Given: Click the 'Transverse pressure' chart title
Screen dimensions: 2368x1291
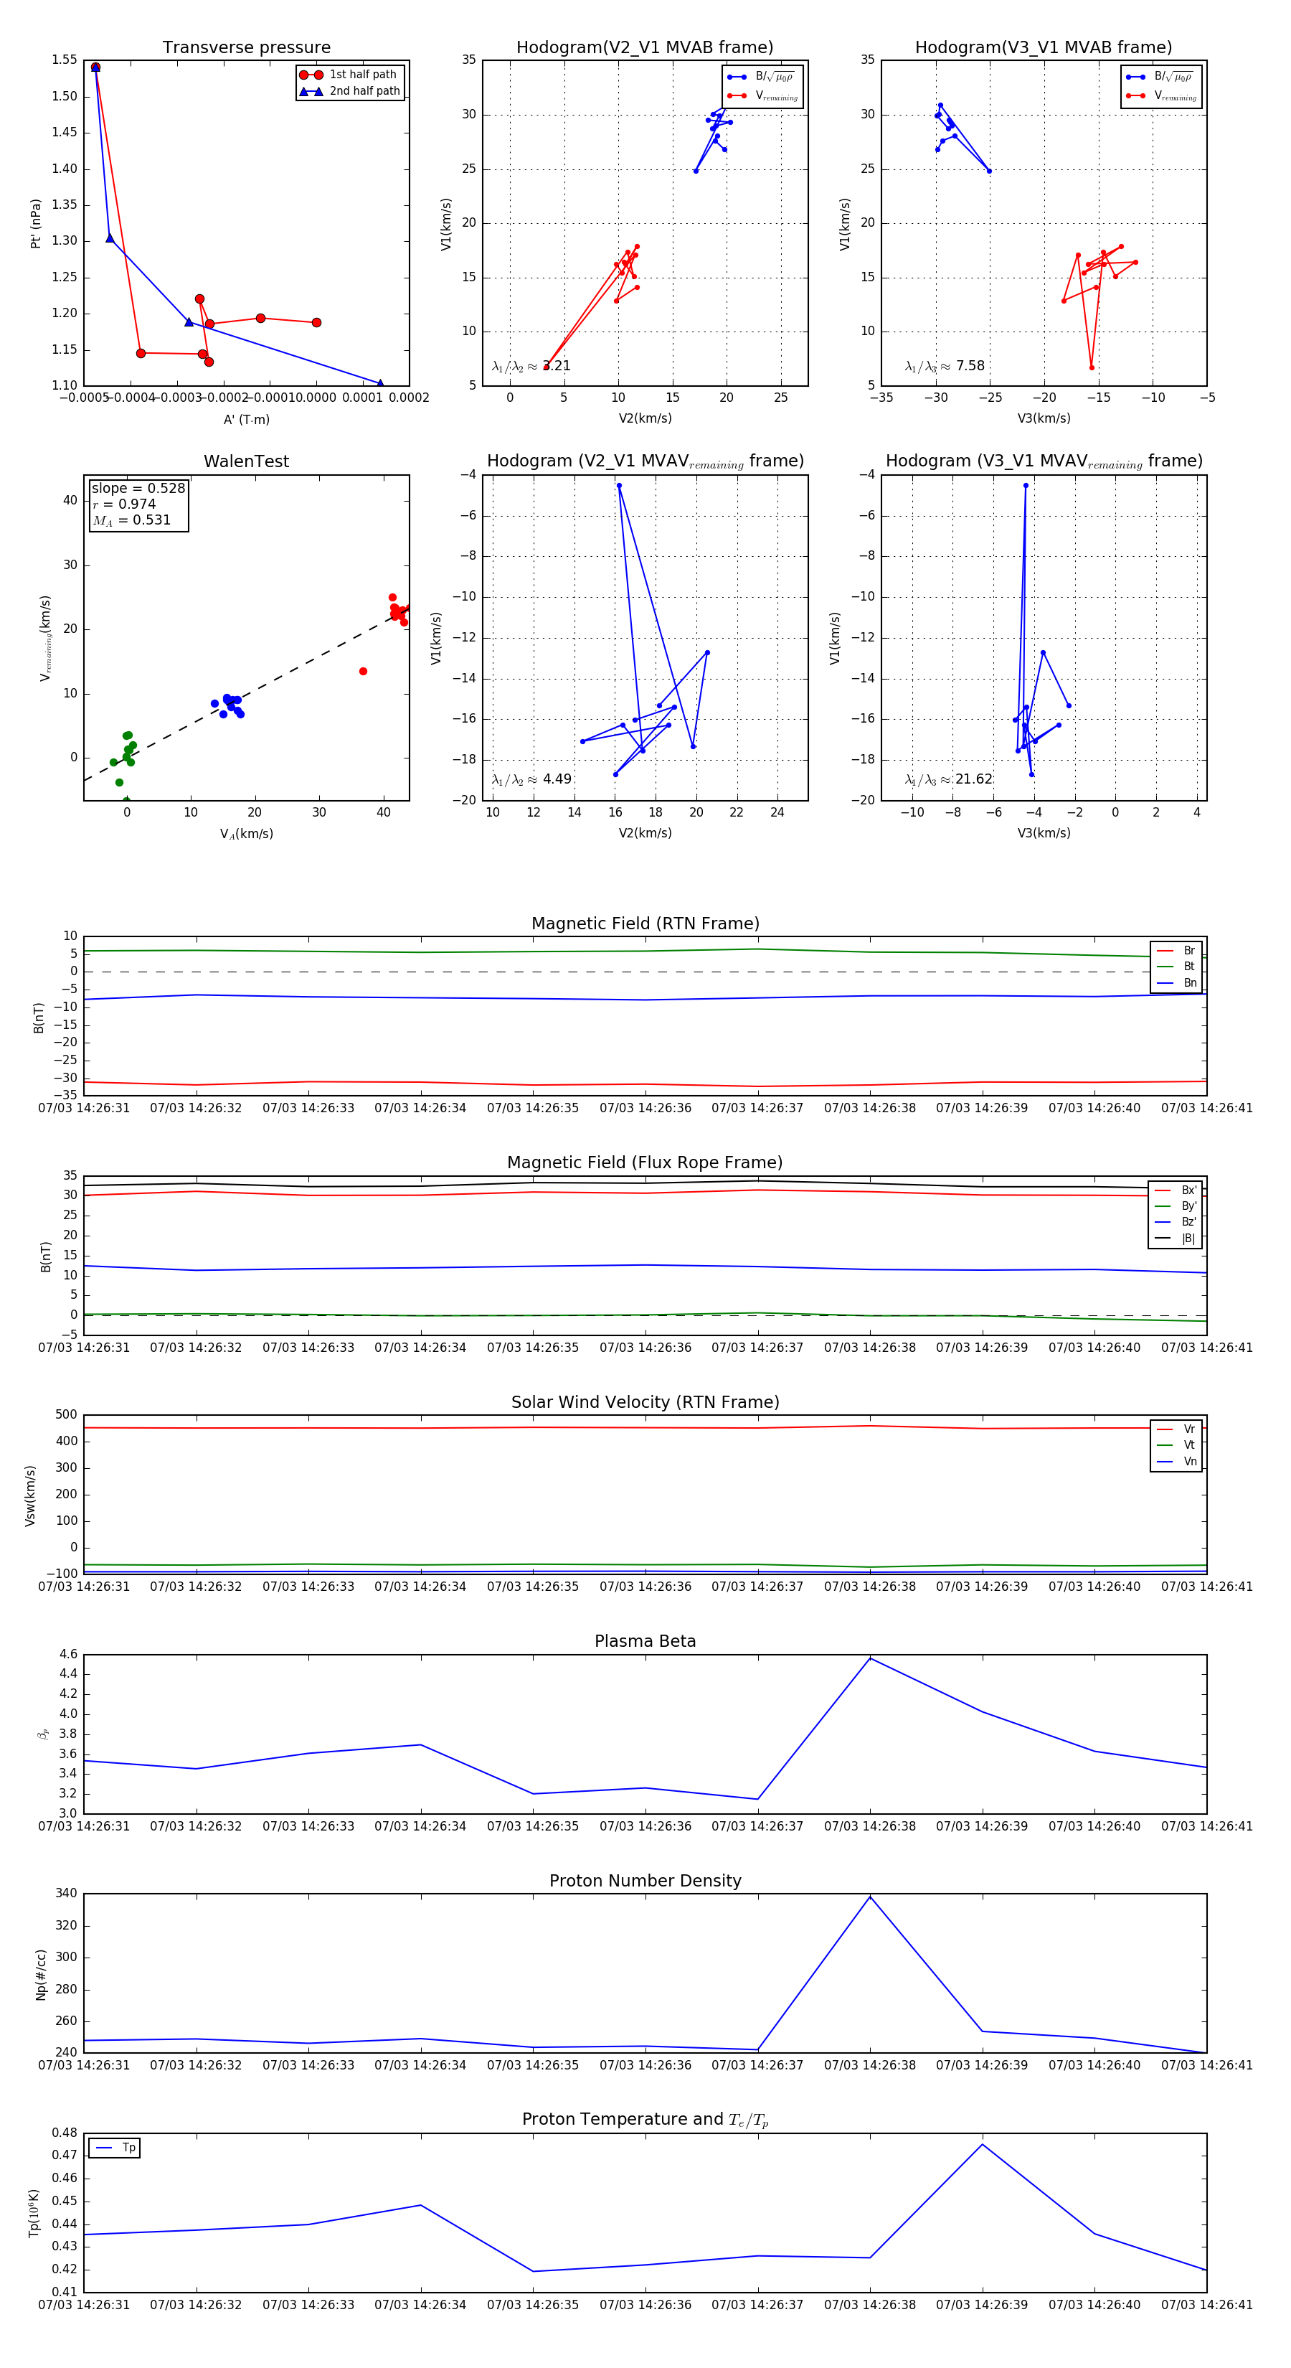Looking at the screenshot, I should [x=246, y=48].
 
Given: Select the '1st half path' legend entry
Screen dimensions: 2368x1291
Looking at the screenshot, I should [x=362, y=75].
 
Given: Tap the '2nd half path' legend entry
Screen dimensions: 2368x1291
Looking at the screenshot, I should [x=364, y=91].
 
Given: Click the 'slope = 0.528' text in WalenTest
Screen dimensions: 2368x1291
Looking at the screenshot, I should [x=138, y=488].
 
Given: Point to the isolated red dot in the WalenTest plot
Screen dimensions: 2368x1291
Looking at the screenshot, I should [x=363, y=671].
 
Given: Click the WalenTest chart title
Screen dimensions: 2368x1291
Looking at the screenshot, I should [x=246, y=461].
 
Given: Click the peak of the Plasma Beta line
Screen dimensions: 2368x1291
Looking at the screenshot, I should [x=870, y=1658].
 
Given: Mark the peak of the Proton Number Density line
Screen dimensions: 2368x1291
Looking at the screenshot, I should [x=870, y=1897].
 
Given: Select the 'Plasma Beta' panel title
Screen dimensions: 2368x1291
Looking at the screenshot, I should [x=645, y=1641].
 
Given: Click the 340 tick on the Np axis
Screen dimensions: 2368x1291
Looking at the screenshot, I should [x=66, y=1894].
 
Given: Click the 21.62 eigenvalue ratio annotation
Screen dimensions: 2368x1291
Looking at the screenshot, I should [x=973, y=779].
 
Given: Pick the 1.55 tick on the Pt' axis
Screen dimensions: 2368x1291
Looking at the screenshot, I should [x=65, y=60].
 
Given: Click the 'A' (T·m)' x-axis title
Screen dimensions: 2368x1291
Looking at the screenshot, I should [x=246, y=419].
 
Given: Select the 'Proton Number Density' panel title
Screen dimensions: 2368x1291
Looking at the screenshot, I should [x=645, y=1881].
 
